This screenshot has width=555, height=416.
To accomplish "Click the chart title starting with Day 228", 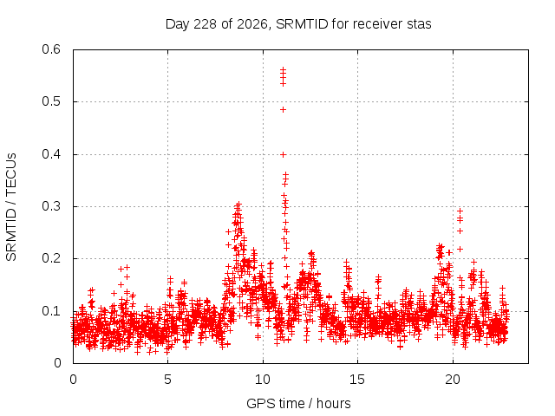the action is pyautogui.click(x=298, y=24).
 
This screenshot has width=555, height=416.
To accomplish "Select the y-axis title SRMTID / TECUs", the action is pyautogui.click(x=11, y=207).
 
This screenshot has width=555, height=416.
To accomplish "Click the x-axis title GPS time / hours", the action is pyautogui.click(x=298, y=403).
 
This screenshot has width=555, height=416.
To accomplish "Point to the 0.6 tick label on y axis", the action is pyautogui.click(x=51, y=49).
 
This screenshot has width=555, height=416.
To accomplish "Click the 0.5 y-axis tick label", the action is pyautogui.click(x=51, y=101).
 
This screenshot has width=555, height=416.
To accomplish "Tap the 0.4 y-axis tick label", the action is pyautogui.click(x=51, y=154).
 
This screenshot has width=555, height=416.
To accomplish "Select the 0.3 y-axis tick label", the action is pyautogui.click(x=51, y=206).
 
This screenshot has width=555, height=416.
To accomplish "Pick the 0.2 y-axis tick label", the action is pyautogui.click(x=51, y=258).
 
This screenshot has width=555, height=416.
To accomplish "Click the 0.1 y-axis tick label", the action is pyautogui.click(x=51, y=311).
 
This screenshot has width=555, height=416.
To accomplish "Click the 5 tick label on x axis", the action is pyautogui.click(x=167, y=380).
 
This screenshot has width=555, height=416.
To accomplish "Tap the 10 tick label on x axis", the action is pyautogui.click(x=263, y=380).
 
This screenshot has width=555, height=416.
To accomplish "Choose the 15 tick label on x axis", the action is pyautogui.click(x=357, y=380).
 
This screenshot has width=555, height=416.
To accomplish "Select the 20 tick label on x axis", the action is pyautogui.click(x=453, y=380).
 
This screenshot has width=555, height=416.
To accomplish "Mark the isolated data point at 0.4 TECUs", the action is pyautogui.click(x=284, y=154).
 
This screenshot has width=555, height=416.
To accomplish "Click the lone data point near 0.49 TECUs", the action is pyautogui.click(x=284, y=110).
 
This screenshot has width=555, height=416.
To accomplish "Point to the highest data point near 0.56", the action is pyautogui.click(x=284, y=69).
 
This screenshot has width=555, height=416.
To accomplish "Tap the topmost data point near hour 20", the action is pyautogui.click(x=460, y=211).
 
